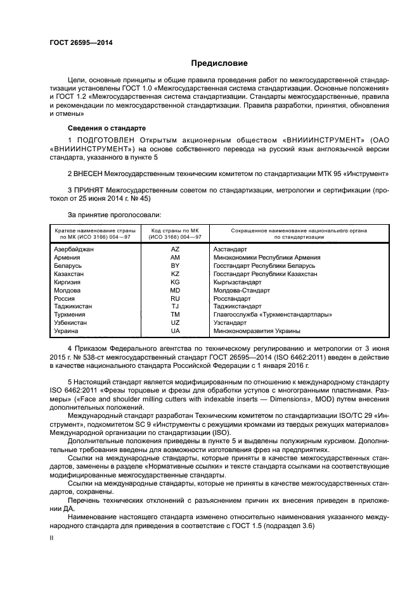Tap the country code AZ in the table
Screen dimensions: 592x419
[x=175, y=249]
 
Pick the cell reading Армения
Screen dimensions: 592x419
[x=67, y=258]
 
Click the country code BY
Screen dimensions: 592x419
[x=175, y=266]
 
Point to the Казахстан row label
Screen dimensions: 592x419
[x=70, y=274]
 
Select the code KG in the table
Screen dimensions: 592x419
[x=175, y=282]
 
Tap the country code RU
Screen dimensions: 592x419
[x=175, y=298]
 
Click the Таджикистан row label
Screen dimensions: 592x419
[x=74, y=306]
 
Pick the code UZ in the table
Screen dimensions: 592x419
[x=175, y=322]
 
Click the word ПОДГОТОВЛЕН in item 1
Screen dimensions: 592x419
[x=105, y=139]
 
